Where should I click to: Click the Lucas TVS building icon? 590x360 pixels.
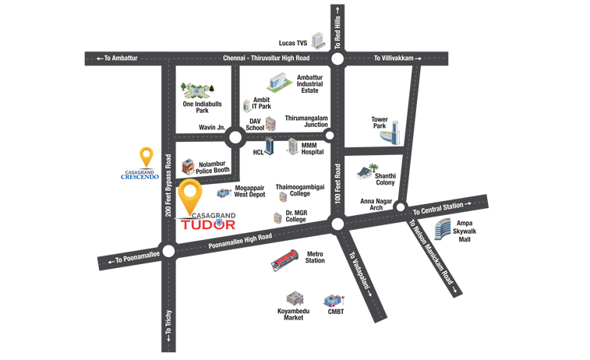tap(318, 41)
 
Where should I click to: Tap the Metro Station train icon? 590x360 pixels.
tap(286, 260)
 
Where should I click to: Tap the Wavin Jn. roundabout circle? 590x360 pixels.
tap(235, 139)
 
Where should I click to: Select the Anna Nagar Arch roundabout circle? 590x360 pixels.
tap(400, 207)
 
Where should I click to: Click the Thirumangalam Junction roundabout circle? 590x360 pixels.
tap(330, 136)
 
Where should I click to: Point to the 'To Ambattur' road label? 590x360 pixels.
tap(116, 58)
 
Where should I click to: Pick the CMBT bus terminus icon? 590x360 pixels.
tap(334, 300)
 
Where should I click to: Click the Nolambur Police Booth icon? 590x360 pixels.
tap(188, 166)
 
